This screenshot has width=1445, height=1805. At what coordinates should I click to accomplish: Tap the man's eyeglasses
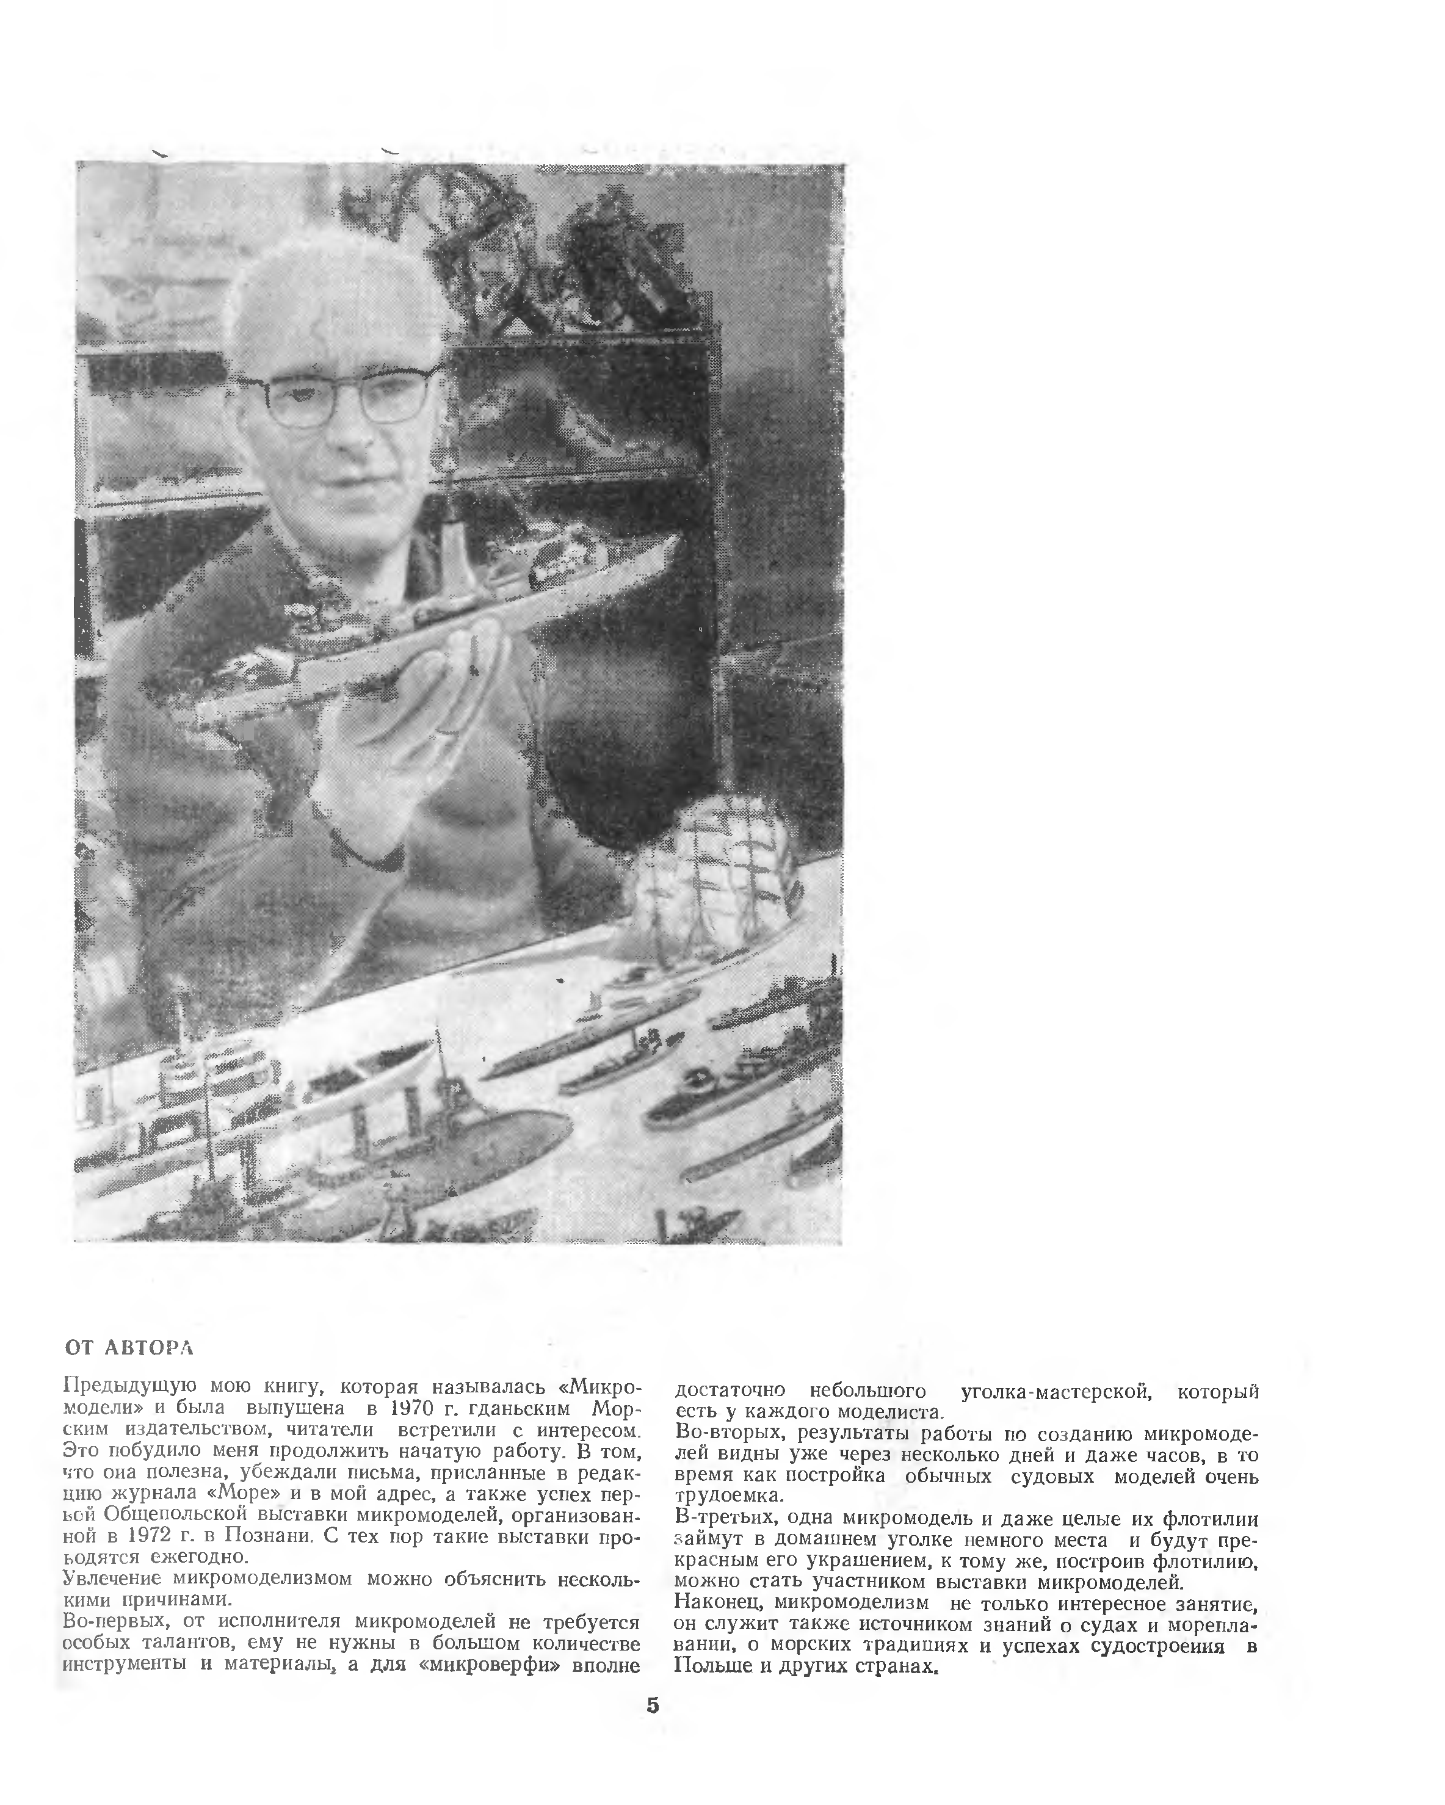333,399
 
